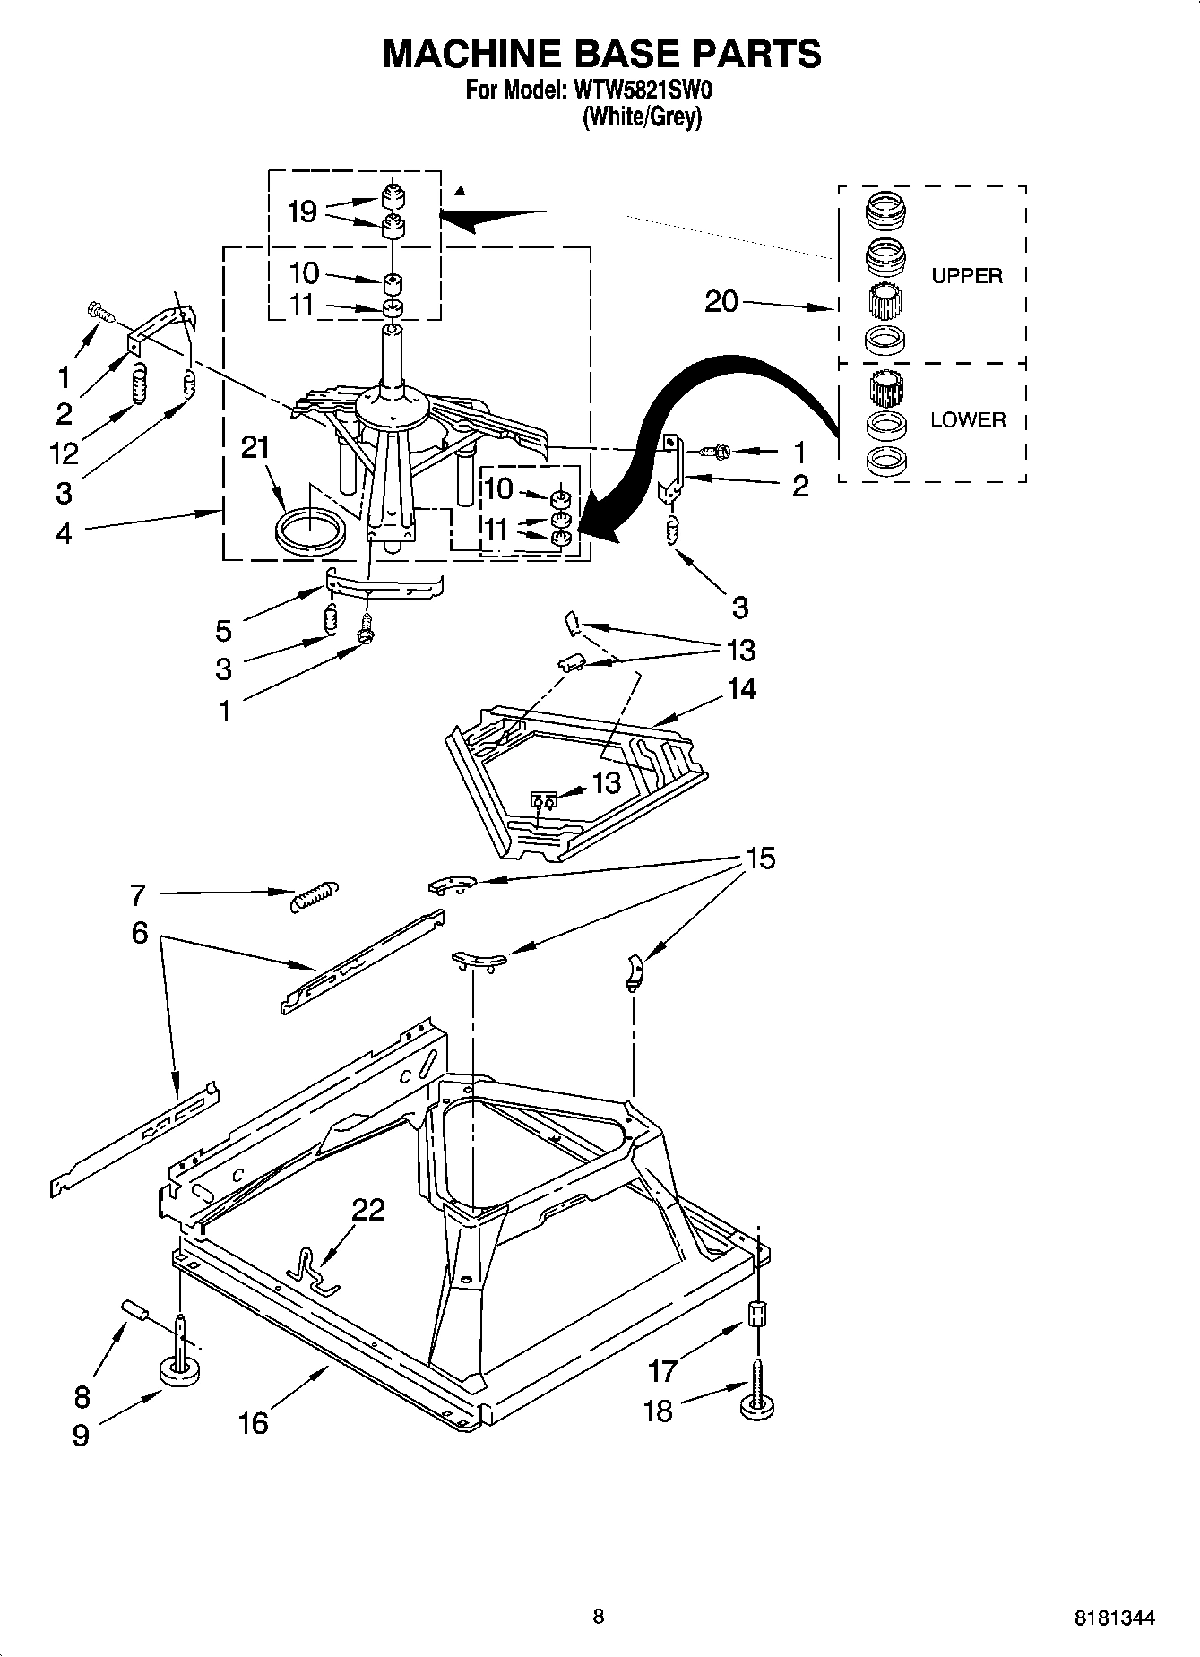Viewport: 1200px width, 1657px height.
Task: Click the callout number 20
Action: click(x=721, y=301)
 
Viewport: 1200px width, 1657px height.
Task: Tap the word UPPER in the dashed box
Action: click(x=966, y=276)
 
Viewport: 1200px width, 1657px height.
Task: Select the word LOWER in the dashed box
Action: click(x=967, y=419)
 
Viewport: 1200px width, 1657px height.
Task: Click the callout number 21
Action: click(x=256, y=447)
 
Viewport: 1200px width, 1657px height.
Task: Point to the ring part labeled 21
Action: click(x=309, y=534)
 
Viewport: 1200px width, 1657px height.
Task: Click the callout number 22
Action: click(x=367, y=1210)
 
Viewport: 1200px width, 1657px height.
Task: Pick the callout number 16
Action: click(x=254, y=1422)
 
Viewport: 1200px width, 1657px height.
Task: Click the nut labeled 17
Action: click(x=756, y=1314)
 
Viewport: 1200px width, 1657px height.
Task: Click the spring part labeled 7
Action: click(x=315, y=895)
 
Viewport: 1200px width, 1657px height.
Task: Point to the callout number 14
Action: click(x=741, y=688)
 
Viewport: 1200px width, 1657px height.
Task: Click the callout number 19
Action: click(x=302, y=211)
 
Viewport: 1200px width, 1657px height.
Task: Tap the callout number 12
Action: click(x=64, y=453)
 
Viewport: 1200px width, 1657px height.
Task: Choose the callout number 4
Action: click(x=64, y=533)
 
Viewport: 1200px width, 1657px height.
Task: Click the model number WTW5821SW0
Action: click(x=642, y=91)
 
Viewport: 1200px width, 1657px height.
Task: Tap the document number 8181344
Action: click(x=1114, y=1618)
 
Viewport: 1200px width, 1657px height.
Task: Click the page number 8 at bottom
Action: click(x=599, y=1616)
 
